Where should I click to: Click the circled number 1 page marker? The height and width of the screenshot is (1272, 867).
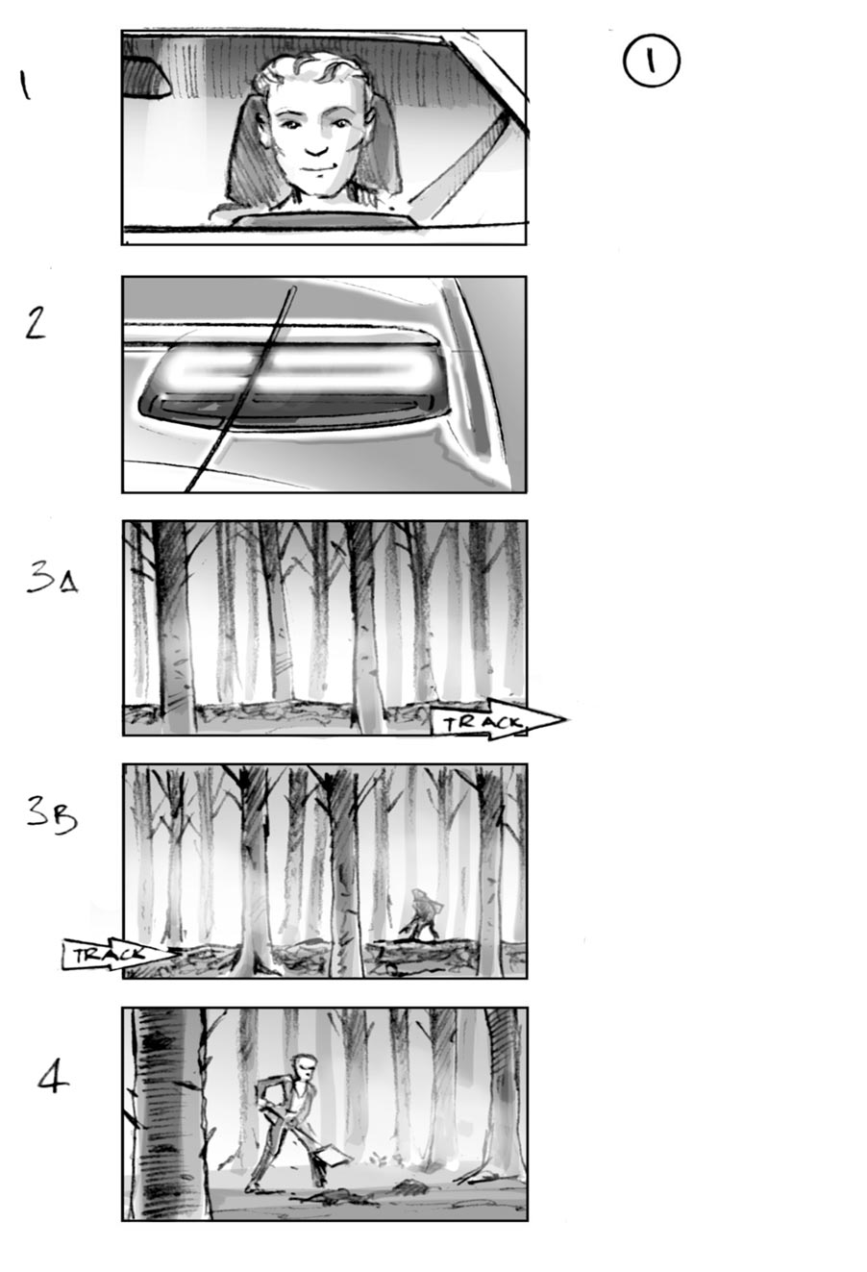click(x=651, y=62)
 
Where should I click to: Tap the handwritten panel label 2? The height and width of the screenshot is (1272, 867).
click(x=35, y=324)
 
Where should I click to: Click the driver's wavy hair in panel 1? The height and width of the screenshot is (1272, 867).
click(x=312, y=72)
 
